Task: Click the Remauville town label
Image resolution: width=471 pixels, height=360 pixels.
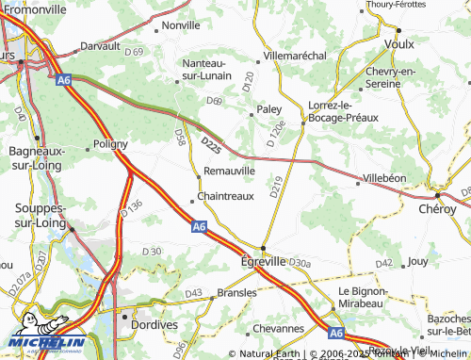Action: point(230,171)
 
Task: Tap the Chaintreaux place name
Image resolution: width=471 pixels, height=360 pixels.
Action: point(226,197)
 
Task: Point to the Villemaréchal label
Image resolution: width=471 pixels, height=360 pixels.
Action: point(299,57)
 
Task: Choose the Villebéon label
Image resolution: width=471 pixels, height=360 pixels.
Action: point(384,177)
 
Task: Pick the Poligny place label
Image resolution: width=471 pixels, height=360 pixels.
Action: point(114,146)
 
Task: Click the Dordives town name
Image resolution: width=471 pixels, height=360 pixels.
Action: point(156,324)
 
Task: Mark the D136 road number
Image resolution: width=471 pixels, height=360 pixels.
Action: point(131,210)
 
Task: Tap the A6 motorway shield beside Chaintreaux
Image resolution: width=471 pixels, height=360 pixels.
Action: point(198,227)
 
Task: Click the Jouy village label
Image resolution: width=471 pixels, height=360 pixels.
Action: point(419,260)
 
